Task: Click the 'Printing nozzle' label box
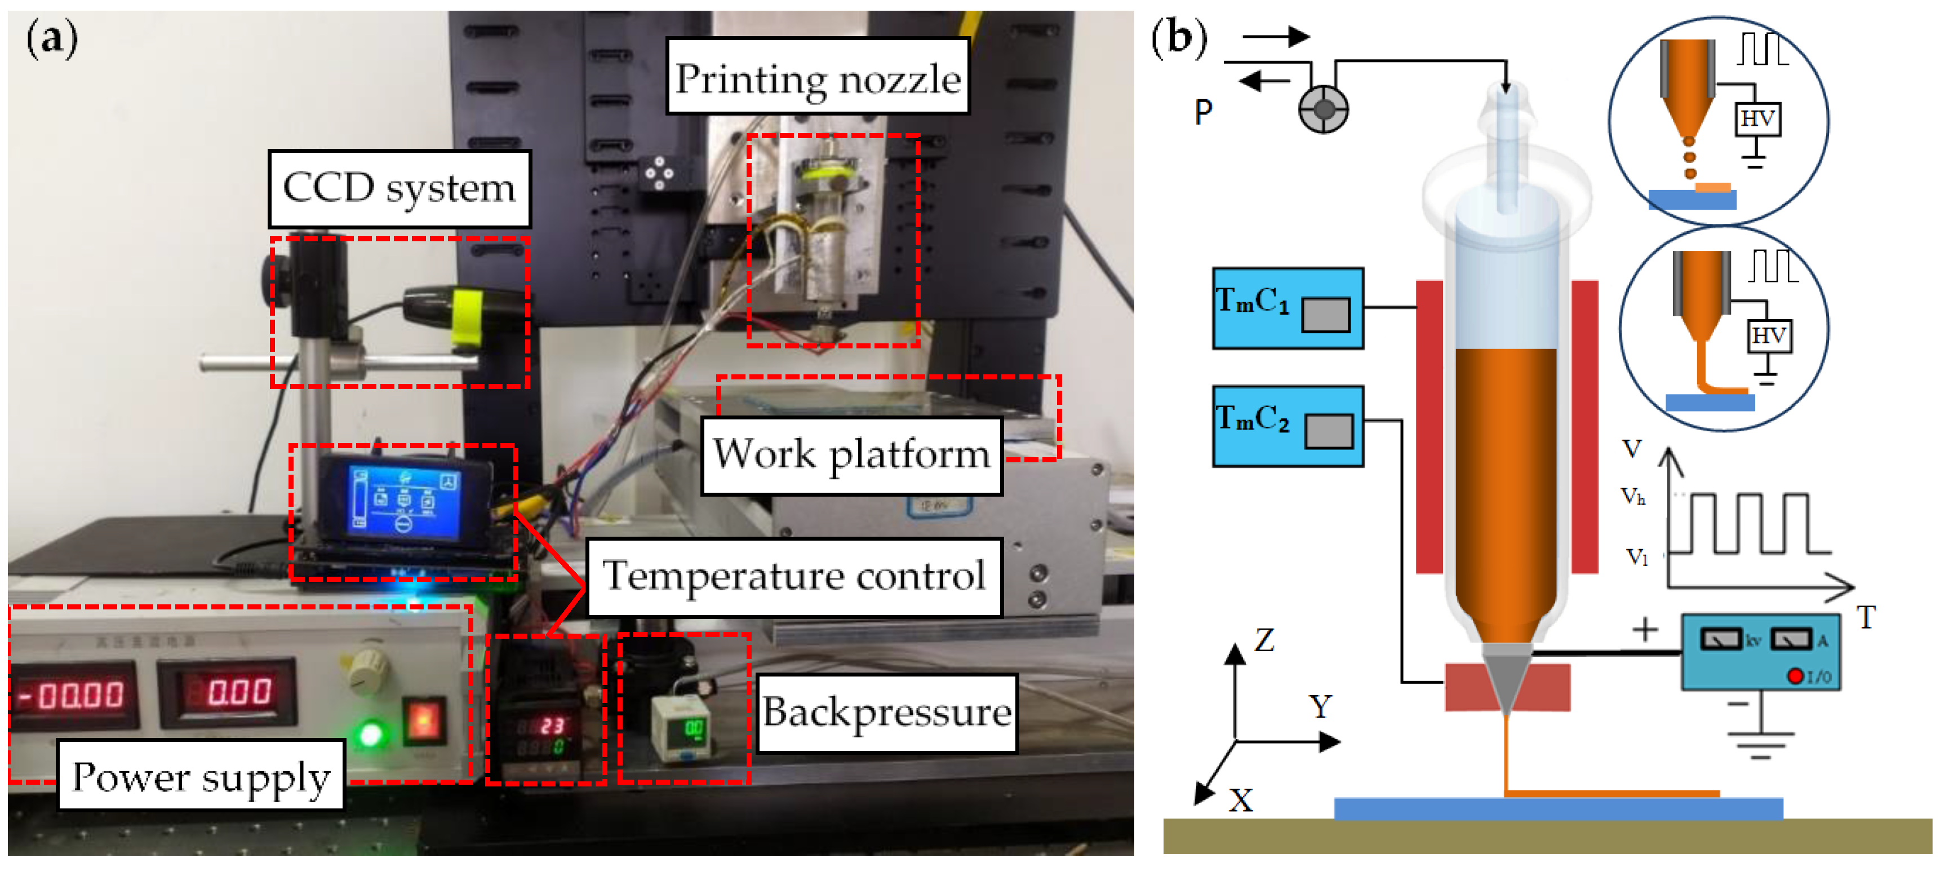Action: [x=817, y=77]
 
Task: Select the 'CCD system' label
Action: [x=399, y=188]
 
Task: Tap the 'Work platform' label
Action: [x=851, y=455]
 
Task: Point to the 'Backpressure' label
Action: [x=886, y=712]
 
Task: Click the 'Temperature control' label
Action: [x=794, y=576]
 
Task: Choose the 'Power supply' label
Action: [x=201, y=776]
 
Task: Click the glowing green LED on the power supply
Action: [x=371, y=733]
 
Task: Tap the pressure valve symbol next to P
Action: [x=1323, y=110]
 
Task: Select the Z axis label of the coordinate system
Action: [x=1264, y=640]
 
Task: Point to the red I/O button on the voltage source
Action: [x=1795, y=676]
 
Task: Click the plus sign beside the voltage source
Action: [x=1645, y=629]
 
